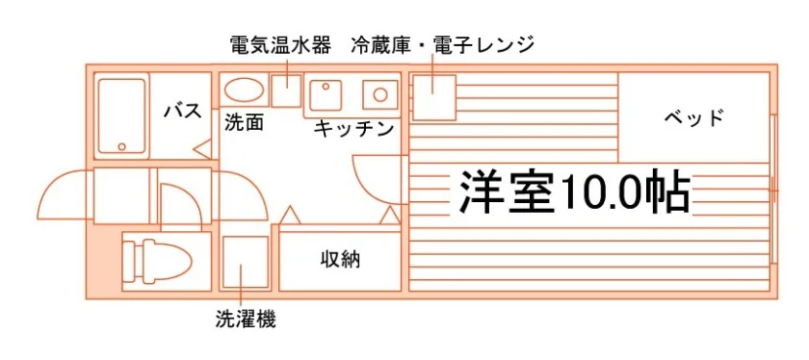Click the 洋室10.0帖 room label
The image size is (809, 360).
(575, 191)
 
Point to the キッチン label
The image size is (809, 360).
(353, 129)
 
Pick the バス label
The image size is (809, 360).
(183, 111)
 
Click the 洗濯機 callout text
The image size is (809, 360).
(246, 319)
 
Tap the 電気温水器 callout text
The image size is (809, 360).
(280, 45)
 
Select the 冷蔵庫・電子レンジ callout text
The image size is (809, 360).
(442, 45)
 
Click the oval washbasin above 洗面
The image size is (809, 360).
(244, 90)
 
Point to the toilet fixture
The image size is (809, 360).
(157, 260)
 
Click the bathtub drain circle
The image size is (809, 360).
(121, 146)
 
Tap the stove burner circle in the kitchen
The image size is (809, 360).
(380, 94)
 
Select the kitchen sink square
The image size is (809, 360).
(326, 94)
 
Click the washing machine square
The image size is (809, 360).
(246, 263)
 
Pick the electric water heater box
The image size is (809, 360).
(286, 90)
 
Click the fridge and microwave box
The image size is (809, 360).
(434, 97)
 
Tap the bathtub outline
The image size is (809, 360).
(121, 116)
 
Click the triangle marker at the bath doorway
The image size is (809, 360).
(203, 148)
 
